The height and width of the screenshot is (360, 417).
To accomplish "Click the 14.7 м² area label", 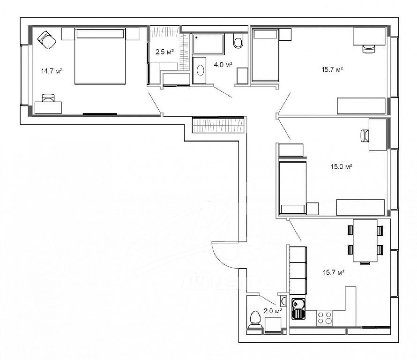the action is point(52,71).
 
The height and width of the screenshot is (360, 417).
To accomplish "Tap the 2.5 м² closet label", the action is point(164,52).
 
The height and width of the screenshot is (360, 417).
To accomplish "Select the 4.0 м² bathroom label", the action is point(223,64).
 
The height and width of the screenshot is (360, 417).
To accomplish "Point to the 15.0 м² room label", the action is point(342,167).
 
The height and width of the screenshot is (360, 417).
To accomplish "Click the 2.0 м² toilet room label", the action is point(273,310).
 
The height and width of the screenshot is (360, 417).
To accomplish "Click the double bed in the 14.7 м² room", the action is point(100,56).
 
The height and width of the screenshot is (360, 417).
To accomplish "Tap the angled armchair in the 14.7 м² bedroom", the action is point(47,40).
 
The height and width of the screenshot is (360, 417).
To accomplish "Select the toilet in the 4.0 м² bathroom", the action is point(238,41).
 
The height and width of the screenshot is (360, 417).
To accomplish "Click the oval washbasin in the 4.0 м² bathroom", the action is point(200,71).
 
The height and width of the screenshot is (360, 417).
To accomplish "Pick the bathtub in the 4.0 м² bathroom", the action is point(208,44).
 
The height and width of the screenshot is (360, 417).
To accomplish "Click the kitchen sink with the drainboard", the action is point(298,308).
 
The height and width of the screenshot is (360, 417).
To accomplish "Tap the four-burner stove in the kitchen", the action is point(325,318).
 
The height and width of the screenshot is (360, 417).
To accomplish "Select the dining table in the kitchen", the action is point(365,240).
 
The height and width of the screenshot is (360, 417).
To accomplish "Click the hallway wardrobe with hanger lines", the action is point(218,125).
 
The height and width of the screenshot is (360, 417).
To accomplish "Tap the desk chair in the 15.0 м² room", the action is point(365,135).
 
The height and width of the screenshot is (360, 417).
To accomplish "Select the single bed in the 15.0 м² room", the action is point(292,187).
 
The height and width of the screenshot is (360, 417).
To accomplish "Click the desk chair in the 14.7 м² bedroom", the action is point(48,97).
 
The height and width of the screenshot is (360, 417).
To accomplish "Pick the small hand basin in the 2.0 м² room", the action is point(283,301).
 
